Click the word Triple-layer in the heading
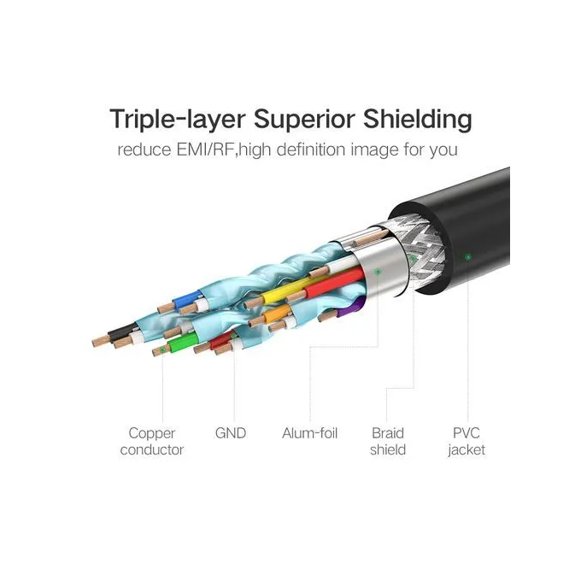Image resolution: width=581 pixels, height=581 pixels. pos(178,120)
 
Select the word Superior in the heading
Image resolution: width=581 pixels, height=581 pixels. pos(304,119)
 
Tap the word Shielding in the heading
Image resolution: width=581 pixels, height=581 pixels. pos(417,120)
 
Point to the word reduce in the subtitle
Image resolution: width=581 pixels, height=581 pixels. pos(144,150)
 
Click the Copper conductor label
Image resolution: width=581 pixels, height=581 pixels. pos(152,442)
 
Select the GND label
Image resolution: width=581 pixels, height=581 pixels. pos(231,433)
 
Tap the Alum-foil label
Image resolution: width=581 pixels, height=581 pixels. pos(310,433)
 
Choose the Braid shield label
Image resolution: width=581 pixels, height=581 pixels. pos(388,442)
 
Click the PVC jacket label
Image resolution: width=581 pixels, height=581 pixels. pos(467,442)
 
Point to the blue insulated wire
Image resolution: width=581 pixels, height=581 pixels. pos(187,299)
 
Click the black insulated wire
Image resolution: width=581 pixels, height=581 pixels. pos(122,332)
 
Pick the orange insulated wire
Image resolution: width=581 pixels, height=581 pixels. pos(277,314)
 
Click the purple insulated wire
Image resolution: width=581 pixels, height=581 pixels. pos(350,308)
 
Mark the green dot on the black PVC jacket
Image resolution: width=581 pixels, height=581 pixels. pos(468,256)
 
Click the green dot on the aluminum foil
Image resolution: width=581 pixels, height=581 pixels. pos(378,272)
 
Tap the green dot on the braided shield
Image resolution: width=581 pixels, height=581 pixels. pos(414,258)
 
